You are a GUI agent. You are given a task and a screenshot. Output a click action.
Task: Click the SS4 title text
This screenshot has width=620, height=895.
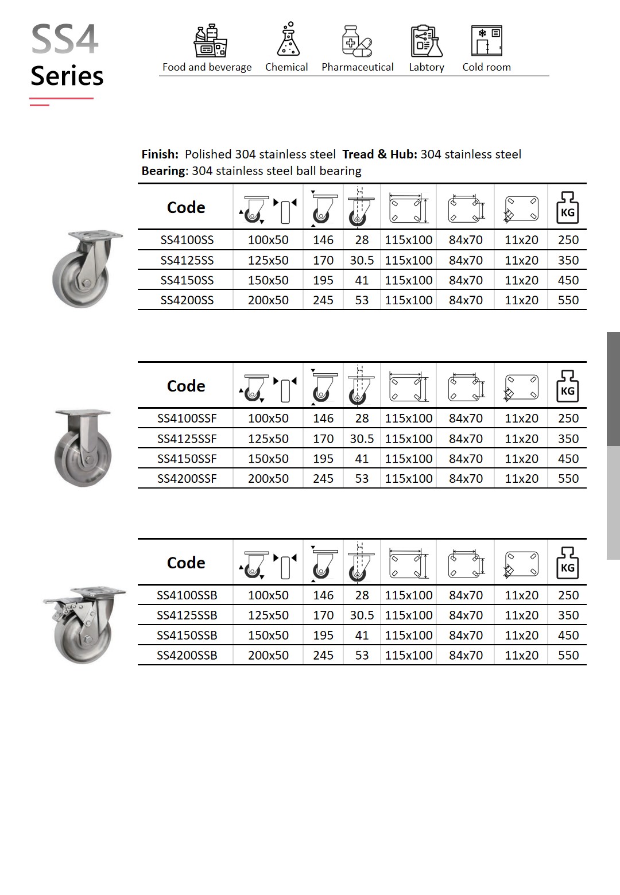[64, 40]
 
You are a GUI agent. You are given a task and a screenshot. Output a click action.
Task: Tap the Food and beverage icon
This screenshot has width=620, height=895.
[211, 41]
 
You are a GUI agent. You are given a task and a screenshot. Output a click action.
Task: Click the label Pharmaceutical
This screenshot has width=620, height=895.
[357, 67]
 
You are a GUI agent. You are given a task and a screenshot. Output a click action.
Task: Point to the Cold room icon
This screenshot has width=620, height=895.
[486, 41]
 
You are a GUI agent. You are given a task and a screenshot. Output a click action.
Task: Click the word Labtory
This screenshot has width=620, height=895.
[426, 67]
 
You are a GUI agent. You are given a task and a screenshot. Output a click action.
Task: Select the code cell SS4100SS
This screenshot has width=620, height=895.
[187, 240]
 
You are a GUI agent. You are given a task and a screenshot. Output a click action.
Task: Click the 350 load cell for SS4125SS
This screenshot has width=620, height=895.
[568, 260]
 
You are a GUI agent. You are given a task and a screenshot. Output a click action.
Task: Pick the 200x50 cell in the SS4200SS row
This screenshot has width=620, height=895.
[268, 300]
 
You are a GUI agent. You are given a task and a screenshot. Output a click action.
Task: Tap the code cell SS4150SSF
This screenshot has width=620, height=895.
[187, 459]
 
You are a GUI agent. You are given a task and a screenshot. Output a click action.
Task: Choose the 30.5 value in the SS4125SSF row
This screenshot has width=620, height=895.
[362, 439]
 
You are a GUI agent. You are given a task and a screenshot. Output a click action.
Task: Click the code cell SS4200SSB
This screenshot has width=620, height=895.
[187, 655]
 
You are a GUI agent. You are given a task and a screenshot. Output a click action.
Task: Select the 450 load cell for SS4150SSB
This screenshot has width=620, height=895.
[568, 635]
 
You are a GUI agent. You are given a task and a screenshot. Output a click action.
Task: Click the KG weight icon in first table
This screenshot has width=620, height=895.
[567, 208]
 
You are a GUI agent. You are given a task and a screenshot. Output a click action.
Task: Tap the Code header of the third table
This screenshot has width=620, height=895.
[185, 563]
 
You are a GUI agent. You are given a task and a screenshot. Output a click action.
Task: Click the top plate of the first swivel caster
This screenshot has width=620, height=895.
[95, 236]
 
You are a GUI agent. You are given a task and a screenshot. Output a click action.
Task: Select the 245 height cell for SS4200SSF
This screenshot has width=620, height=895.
[323, 478]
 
